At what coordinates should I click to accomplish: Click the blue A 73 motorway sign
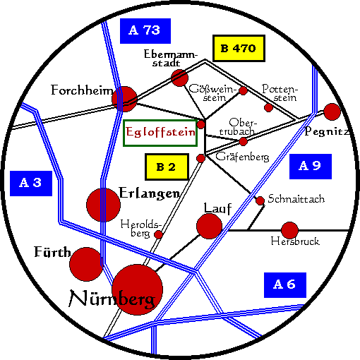pyautogui.click(x=145, y=31)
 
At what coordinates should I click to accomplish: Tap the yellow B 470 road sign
pyautogui.click(x=239, y=48)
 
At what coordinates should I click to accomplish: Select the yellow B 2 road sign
pyautogui.click(x=167, y=167)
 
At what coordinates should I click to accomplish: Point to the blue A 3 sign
pyautogui.click(x=31, y=184)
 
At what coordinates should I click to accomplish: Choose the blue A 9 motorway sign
pyautogui.click(x=311, y=167)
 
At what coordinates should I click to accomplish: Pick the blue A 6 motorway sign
pyautogui.click(x=285, y=285)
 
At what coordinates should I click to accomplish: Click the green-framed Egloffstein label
pyautogui.click(x=160, y=133)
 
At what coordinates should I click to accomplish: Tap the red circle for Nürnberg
pyautogui.click(x=138, y=289)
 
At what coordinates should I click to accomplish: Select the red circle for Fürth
pyautogui.click(x=86, y=264)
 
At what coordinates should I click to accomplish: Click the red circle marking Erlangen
pyautogui.click(x=104, y=205)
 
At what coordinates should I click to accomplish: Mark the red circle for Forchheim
pyautogui.click(x=124, y=99)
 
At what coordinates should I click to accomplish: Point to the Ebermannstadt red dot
pyautogui.click(x=180, y=78)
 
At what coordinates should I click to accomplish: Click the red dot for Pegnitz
pyautogui.click(x=332, y=112)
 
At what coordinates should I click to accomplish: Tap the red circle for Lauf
pyautogui.click(x=209, y=226)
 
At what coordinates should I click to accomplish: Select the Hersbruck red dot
pyautogui.click(x=289, y=230)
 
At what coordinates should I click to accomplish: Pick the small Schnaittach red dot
pyautogui.click(x=260, y=200)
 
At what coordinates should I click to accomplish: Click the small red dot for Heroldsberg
pyautogui.click(x=158, y=234)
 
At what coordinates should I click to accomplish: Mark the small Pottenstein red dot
pyautogui.click(x=268, y=107)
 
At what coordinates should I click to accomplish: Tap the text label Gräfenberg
pyautogui.click(x=242, y=157)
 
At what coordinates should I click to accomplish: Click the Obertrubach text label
pyautogui.click(x=238, y=127)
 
